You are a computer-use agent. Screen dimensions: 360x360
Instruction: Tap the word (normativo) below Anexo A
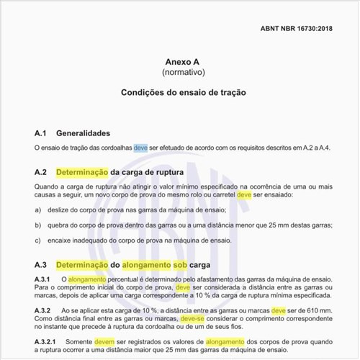(x=180, y=73)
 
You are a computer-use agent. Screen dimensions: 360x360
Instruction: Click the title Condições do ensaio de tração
(x=180, y=94)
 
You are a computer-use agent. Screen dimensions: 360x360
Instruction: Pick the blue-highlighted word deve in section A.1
(x=141, y=148)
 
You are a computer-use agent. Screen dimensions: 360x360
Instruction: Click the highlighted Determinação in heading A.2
(x=82, y=173)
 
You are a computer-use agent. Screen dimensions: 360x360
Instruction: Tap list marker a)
(x=37, y=210)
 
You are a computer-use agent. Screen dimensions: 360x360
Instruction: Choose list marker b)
(x=37, y=225)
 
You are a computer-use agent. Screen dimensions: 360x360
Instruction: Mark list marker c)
(x=37, y=240)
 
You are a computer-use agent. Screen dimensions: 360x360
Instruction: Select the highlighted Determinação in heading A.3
(x=82, y=264)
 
